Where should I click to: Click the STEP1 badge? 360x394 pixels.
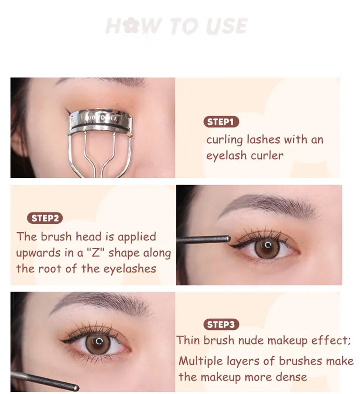221,122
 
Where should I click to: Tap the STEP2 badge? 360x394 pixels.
45,218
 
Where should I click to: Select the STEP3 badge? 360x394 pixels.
221,324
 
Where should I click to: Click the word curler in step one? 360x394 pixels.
267,156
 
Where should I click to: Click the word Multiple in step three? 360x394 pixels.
200,361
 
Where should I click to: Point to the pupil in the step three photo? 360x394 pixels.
98,343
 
